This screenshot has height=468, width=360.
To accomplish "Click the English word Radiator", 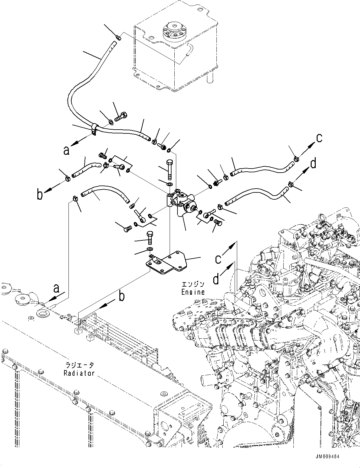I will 79,373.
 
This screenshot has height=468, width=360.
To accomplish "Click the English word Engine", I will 193,292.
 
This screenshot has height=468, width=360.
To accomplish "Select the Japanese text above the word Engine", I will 193,284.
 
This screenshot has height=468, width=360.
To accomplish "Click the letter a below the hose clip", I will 66,151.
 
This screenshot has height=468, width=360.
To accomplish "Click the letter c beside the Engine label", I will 218,259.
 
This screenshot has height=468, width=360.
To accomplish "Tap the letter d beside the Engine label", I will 216,279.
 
